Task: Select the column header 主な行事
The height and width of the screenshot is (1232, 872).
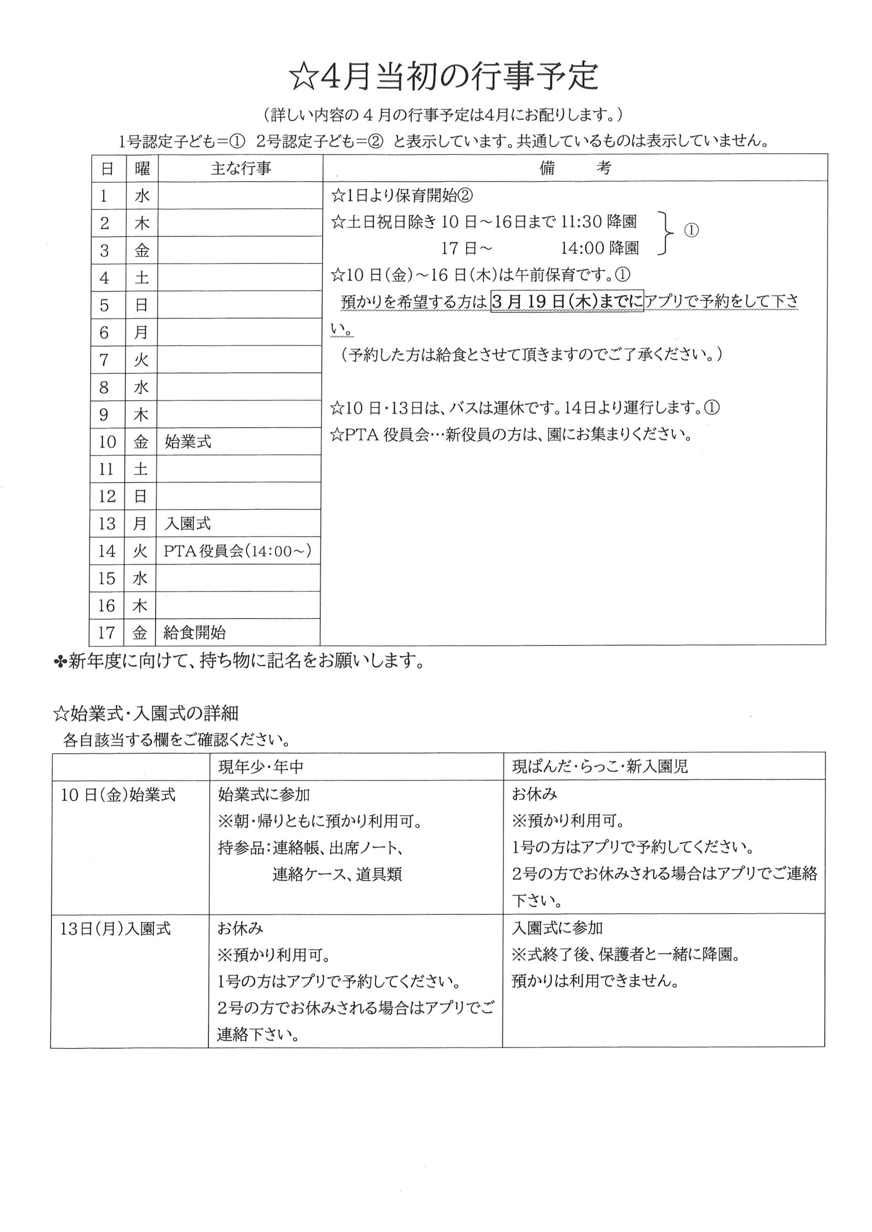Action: [241, 169]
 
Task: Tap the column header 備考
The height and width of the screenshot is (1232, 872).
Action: [575, 168]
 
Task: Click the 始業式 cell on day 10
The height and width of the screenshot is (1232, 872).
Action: [188, 442]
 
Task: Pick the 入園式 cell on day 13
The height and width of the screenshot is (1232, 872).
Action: [187, 524]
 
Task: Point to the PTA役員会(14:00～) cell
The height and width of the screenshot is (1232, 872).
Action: [237, 551]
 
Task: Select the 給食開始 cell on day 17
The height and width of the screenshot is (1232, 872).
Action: [194, 633]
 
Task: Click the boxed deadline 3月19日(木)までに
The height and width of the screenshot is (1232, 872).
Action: [567, 302]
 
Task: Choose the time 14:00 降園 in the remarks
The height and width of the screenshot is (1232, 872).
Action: [600, 248]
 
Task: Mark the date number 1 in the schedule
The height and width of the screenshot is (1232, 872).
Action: [104, 196]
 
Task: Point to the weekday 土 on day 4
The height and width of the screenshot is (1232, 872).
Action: [142, 278]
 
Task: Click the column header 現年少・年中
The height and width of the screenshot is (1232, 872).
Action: [261, 767]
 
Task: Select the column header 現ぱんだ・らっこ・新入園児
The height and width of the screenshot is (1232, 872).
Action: [600, 767]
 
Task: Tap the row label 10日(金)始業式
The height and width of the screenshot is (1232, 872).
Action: [118, 795]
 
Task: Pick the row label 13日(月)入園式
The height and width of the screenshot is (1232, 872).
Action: [116, 929]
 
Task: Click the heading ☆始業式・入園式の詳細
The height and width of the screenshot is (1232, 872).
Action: [146, 713]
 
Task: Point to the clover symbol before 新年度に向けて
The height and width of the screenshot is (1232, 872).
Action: [60, 663]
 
